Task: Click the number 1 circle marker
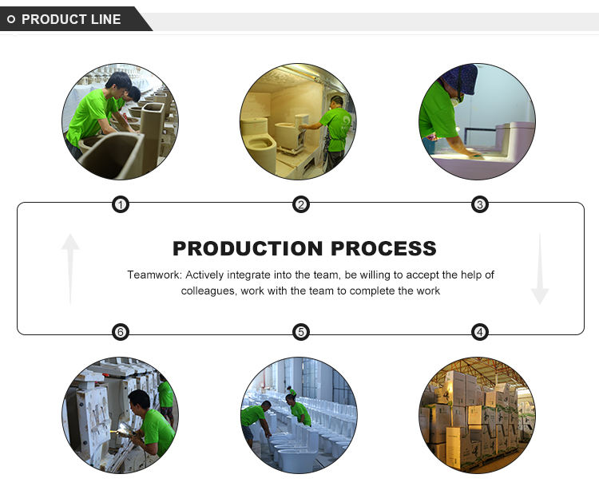click(120, 205)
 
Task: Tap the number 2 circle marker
click(300, 205)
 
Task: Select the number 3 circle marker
click(480, 205)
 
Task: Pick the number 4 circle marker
click(480, 332)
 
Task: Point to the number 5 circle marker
click(300, 332)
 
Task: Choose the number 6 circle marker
click(120, 332)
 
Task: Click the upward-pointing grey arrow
click(70, 267)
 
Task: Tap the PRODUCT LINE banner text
click(71, 19)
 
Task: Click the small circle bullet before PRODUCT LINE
click(11, 19)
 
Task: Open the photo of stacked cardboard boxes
click(477, 415)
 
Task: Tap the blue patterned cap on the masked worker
click(462, 78)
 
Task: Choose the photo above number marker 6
click(120, 415)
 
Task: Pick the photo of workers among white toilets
click(299, 415)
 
